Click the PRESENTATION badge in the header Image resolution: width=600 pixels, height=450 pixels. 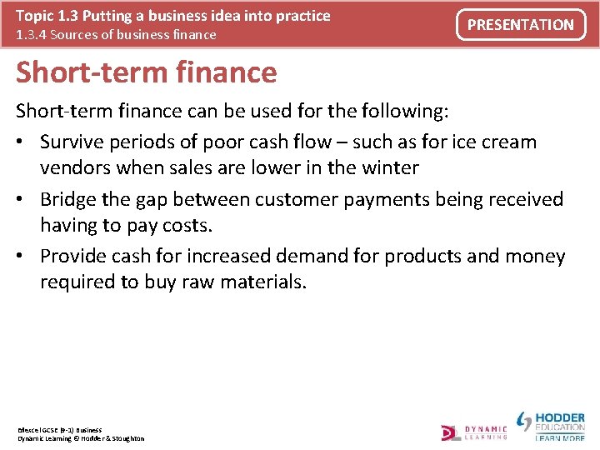pos(520,25)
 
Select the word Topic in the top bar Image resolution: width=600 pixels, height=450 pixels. pos(34,16)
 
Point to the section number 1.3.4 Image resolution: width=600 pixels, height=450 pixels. pos(34,35)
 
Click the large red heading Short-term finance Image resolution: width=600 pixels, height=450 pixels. pos(147,72)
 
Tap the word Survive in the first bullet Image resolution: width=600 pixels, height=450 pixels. pos(74,142)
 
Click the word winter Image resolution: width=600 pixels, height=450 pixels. pos(389,167)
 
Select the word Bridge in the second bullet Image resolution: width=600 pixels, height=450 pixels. pos(68,199)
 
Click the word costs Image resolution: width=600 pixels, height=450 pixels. pos(186,225)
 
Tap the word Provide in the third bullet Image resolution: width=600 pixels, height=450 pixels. pos(74,257)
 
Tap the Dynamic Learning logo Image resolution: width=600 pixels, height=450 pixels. pos(474,432)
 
